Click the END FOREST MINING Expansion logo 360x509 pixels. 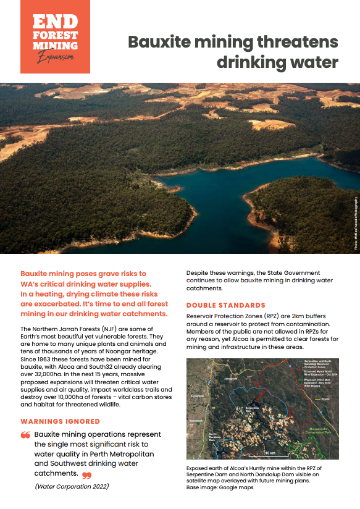pyautogui.click(x=55, y=36)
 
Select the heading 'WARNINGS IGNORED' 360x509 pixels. pyautogui.click(x=61, y=422)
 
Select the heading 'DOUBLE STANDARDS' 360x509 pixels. pyautogui.click(x=226, y=306)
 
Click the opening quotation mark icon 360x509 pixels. pyautogui.click(x=25, y=435)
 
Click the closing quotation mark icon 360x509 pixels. pyautogui.click(x=86, y=475)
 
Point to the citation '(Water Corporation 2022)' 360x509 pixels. pyautogui.click(x=72, y=487)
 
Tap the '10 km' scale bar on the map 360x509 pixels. pyautogui.click(x=269, y=453)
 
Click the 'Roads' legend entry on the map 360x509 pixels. pyautogui.click(x=329, y=399)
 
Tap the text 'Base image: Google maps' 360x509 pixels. pyautogui.click(x=220, y=487)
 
